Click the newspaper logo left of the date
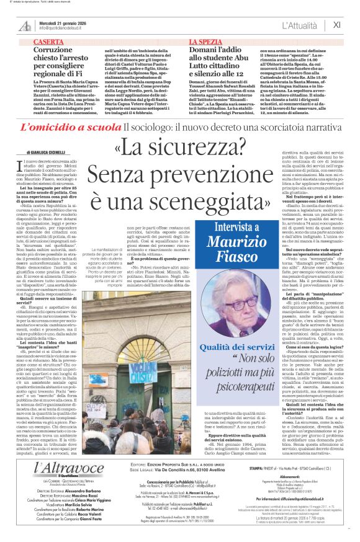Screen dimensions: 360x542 point(25,25)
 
